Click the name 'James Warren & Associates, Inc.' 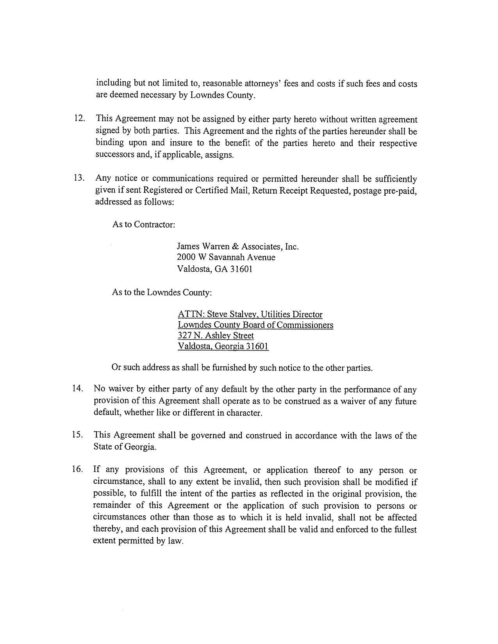[x=238, y=246]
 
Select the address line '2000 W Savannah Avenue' [x=226, y=257]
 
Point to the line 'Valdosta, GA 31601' [x=215, y=269]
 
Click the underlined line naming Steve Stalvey [x=250, y=314]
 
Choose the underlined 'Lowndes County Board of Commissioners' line [x=255, y=325]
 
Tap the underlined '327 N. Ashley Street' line [x=216, y=335]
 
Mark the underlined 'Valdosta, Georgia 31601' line [x=223, y=346]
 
